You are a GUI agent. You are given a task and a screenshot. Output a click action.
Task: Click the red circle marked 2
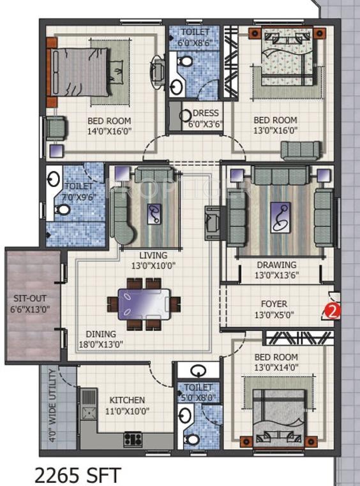(333, 311)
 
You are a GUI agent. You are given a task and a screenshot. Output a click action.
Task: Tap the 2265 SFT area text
(77, 475)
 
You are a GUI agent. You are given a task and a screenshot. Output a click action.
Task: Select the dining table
(144, 304)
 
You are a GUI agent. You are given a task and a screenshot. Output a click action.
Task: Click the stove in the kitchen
(133, 439)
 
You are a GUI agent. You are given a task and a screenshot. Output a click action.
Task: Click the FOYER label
(274, 304)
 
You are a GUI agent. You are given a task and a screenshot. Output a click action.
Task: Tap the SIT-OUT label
(30, 298)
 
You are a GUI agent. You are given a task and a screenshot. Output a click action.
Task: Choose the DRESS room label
(206, 113)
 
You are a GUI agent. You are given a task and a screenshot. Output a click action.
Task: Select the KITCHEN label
(127, 400)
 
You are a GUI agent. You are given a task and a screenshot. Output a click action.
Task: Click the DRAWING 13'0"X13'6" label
(276, 270)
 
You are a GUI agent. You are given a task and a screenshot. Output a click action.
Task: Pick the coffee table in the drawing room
(281, 217)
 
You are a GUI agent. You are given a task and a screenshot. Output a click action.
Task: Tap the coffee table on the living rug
(154, 214)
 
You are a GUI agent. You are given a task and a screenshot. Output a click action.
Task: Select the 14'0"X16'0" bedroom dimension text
(109, 131)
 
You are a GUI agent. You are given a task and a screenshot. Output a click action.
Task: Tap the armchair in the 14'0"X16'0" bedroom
(56, 126)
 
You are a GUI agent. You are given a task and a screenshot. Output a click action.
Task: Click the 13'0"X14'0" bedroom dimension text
(276, 367)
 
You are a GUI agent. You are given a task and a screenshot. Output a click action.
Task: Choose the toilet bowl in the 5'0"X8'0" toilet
(192, 439)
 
